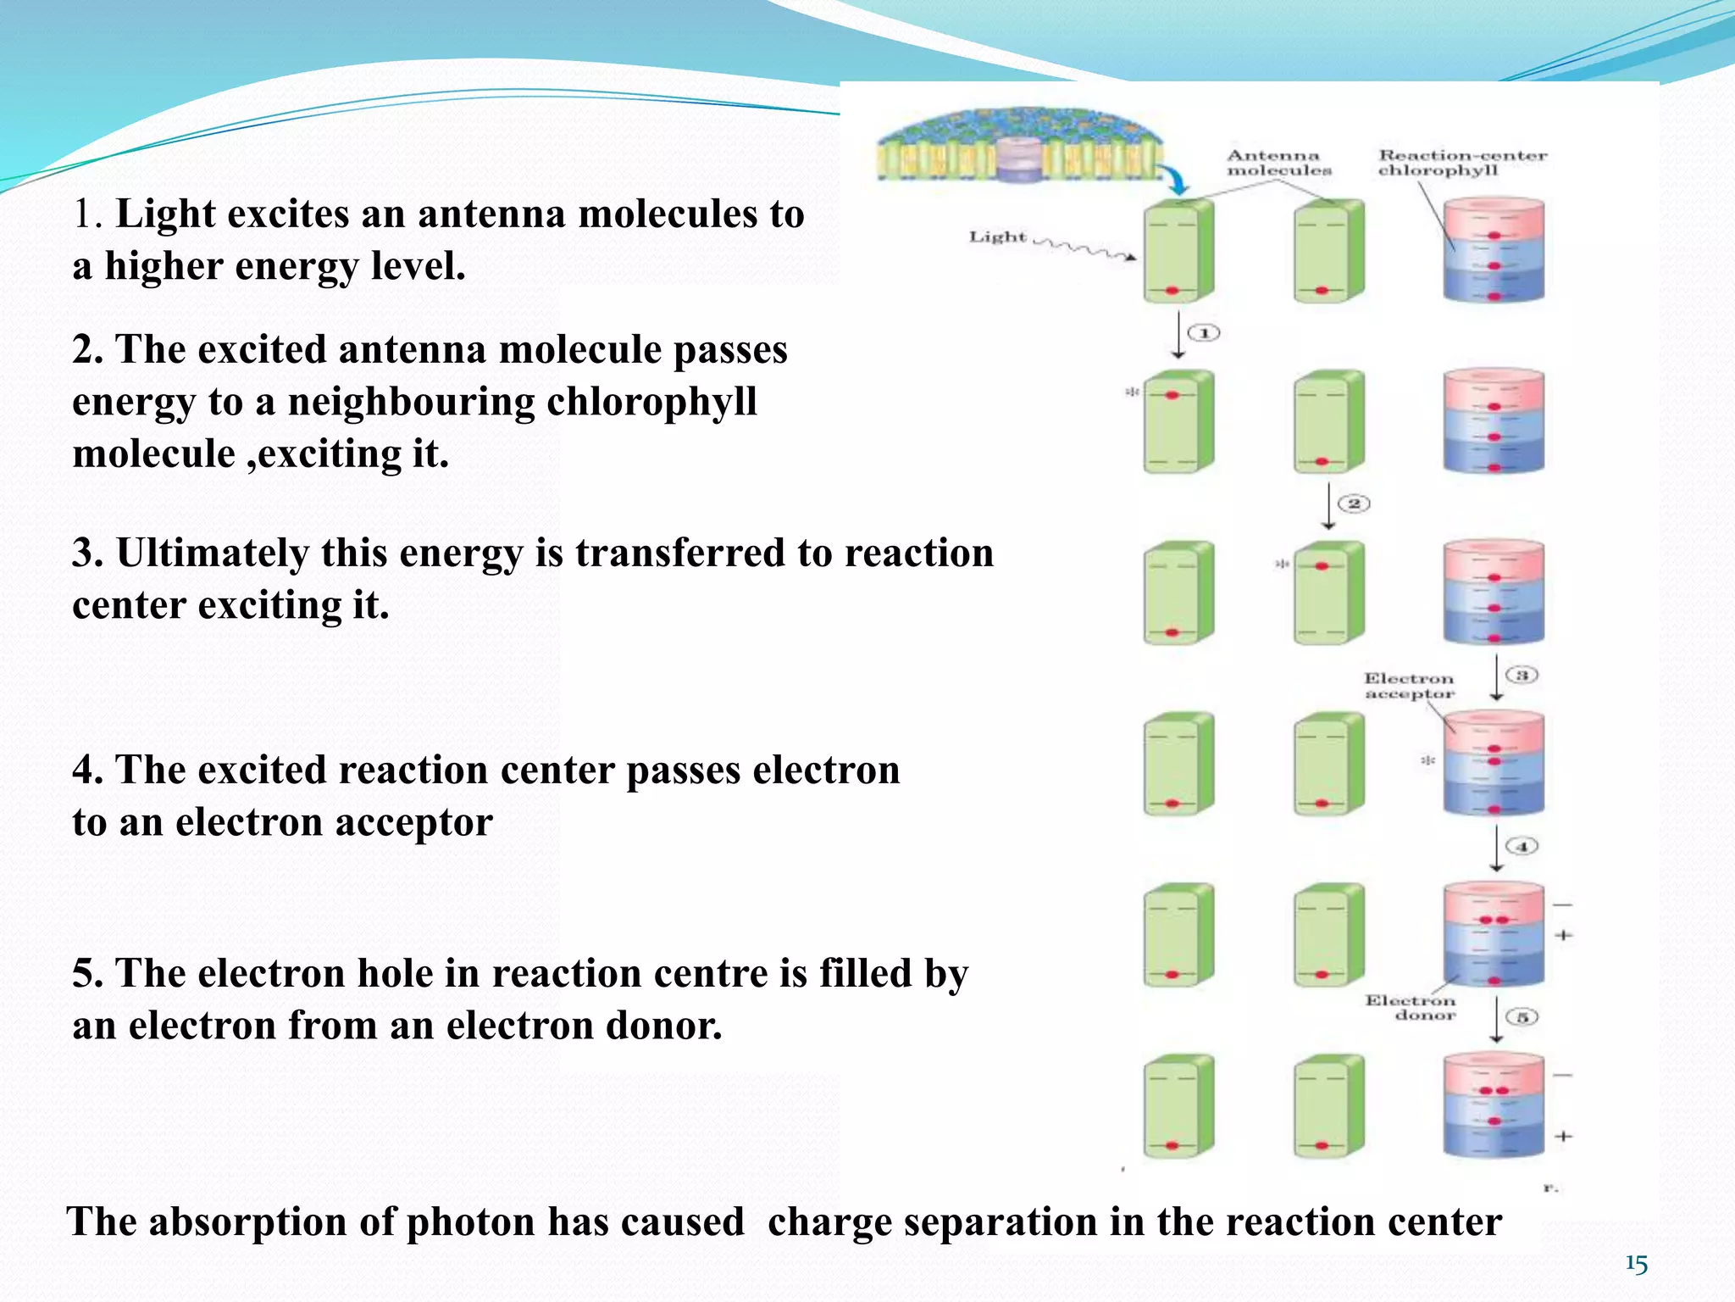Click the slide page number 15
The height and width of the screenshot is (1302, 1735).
1636,1265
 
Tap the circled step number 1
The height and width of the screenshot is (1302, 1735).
1204,333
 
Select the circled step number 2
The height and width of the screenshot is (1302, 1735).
1354,504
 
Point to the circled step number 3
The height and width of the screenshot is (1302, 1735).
1522,675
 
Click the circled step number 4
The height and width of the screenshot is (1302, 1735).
1522,846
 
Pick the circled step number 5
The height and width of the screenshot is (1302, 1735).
1522,1016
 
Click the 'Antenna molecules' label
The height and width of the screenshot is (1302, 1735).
1278,163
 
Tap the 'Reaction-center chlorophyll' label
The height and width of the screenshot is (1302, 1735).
1461,163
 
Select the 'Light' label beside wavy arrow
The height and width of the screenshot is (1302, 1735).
997,237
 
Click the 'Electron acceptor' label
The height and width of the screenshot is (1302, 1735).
1408,686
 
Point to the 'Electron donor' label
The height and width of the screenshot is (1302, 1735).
1410,1008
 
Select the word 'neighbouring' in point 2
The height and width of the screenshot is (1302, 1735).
412,402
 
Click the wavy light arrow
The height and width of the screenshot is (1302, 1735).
1084,248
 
